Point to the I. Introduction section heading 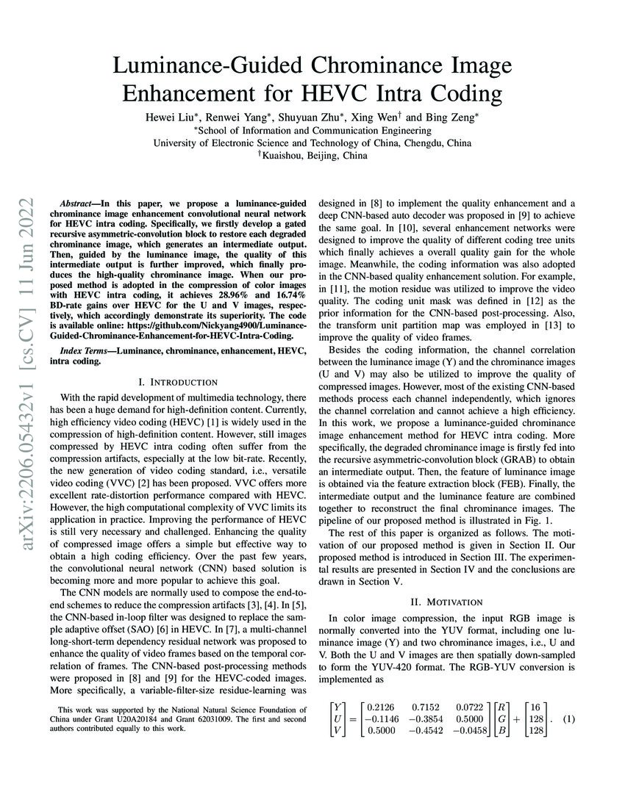pyautogui.click(x=178, y=382)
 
